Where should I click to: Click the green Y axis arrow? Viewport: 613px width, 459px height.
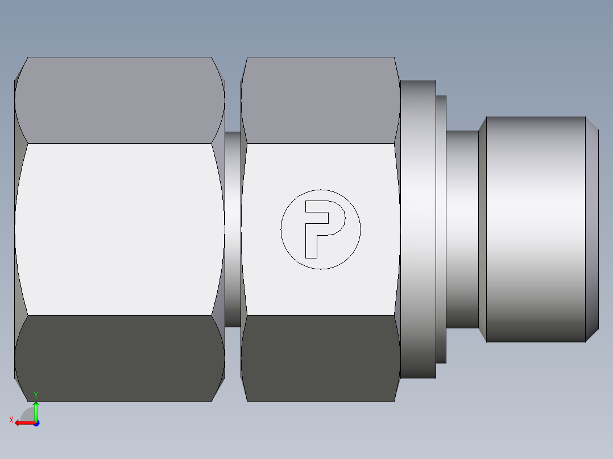pos(36,410)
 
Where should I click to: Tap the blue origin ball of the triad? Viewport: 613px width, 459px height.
pos(36,423)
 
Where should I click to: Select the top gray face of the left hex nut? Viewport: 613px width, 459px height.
pos(119,99)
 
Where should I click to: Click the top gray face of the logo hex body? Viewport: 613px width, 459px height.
pos(320,99)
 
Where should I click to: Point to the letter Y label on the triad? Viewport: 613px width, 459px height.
pos(36,394)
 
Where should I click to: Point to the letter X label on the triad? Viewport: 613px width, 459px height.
pos(11,420)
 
